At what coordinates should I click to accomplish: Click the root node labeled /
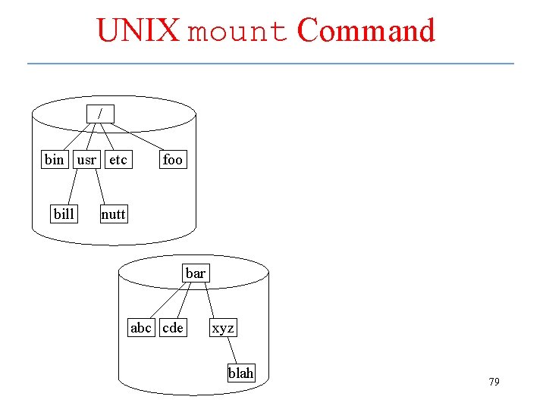pos(99,114)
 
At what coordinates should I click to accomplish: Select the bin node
pos(55,159)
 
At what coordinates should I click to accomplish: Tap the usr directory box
pos(86,159)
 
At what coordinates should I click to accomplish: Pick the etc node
pos(118,159)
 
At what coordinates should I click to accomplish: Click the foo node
pos(172,159)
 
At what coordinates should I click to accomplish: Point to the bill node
pos(64,214)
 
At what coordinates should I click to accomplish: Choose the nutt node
pos(113,214)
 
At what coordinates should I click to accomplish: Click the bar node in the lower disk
pos(195,273)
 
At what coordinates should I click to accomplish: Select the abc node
pos(141,327)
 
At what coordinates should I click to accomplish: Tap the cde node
pos(173,327)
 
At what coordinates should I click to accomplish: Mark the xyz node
pos(223,327)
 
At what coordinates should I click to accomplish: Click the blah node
pos(241,373)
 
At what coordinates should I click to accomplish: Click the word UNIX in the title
pos(137,31)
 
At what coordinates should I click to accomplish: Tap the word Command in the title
pos(366,31)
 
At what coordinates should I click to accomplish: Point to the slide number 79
pos(494,382)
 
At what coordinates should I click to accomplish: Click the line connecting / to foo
pos(137,137)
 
